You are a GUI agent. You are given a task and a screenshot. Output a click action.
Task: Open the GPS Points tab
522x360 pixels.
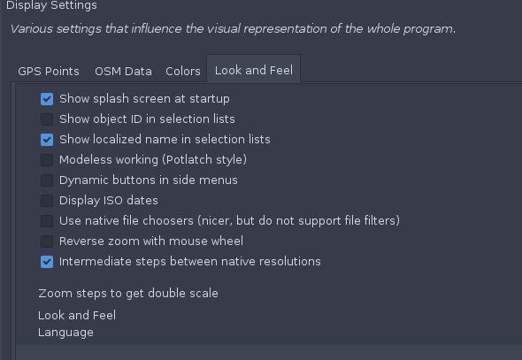click(x=49, y=71)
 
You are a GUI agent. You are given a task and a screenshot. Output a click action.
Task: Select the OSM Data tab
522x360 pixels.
click(x=123, y=71)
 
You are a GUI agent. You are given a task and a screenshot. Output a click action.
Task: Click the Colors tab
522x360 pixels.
click(x=183, y=71)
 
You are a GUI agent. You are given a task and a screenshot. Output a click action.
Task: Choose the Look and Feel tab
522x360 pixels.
click(x=254, y=70)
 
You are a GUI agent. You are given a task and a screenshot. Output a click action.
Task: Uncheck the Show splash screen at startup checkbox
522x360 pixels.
click(x=47, y=99)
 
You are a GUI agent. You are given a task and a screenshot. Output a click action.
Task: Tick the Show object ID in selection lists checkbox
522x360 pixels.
click(x=47, y=119)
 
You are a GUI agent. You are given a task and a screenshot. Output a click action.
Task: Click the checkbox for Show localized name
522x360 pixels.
click(x=47, y=140)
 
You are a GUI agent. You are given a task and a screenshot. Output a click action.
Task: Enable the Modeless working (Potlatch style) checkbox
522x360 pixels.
click(x=47, y=160)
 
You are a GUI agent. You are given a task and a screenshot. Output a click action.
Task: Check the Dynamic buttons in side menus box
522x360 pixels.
click(x=47, y=180)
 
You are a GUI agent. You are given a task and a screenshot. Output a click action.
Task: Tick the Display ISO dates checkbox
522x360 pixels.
click(x=47, y=201)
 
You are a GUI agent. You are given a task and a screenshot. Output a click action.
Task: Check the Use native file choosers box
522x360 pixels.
click(x=47, y=221)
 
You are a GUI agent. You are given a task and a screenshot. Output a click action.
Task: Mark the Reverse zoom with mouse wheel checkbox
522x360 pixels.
click(x=47, y=241)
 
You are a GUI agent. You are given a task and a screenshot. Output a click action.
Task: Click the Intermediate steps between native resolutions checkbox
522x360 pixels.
click(x=47, y=262)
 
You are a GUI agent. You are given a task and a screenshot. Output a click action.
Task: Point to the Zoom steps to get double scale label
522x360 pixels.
click(x=128, y=294)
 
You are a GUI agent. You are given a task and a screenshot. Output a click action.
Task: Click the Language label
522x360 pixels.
click(x=65, y=333)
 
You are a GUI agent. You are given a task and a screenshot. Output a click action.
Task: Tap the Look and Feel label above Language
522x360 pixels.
click(x=77, y=315)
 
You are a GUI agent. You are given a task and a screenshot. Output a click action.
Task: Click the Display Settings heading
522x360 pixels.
click(x=51, y=5)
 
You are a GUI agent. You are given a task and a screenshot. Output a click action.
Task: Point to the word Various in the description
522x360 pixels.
click(x=32, y=29)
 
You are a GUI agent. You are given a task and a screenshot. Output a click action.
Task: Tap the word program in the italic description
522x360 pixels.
click(x=429, y=29)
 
